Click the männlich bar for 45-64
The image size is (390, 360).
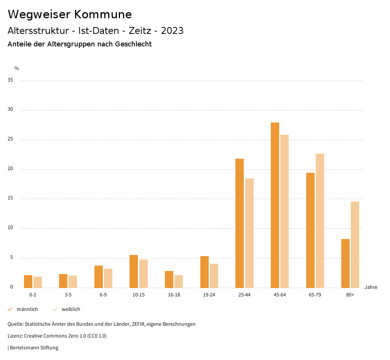click(275, 205)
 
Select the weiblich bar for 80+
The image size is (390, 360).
click(355, 245)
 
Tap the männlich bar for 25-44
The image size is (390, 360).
click(240, 223)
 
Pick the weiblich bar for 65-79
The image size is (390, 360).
click(320, 221)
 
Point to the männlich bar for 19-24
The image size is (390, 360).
click(205, 272)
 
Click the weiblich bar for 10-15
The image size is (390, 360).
click(143, 274)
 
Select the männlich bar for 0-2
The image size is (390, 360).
click(28, 281)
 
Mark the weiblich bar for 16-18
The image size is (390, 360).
click(179, 281)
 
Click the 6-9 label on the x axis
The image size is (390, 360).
click(103, 295)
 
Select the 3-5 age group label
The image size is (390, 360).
click(68, 295)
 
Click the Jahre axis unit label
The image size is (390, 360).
click(371, 287)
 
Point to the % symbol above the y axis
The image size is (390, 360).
click(17, 68)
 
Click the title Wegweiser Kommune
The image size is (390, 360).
click(70, 14)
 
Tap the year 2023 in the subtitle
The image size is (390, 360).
click(172, 31)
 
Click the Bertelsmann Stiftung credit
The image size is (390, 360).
click(34, 348)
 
